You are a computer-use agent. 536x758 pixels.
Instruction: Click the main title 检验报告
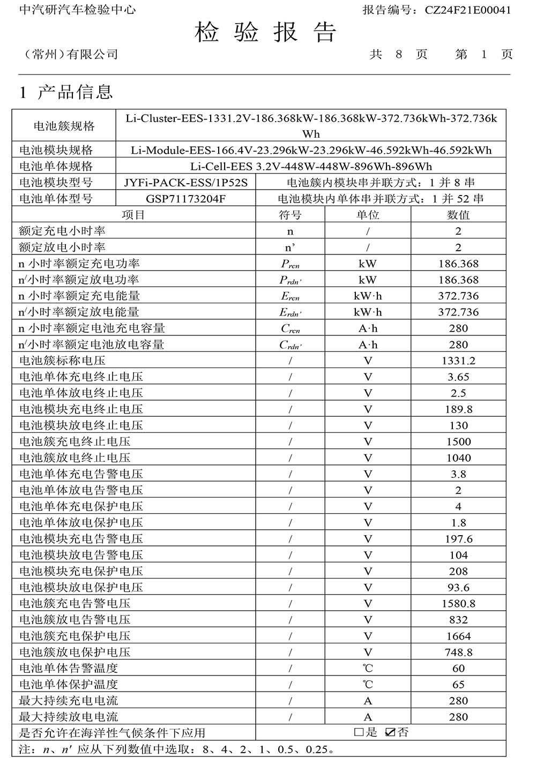point(266,33)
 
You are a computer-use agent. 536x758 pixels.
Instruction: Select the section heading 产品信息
point(75,92)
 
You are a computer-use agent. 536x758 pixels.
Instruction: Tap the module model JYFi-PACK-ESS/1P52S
point(186,183)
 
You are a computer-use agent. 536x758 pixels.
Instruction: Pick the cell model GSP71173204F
point(186,199)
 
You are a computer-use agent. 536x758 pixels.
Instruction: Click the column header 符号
point(290,215)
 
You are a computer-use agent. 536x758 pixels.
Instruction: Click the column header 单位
point(368,215)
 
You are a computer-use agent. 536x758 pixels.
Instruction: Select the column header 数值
point(458,215)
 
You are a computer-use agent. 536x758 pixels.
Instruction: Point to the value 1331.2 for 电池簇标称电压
point(458,361)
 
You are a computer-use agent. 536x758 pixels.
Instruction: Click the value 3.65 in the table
point(458,377)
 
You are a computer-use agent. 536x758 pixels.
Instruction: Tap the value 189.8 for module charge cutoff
point(458,409)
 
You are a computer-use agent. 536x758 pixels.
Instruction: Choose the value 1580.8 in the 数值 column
point(458,604)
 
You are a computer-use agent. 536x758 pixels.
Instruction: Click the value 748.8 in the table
point(458,652)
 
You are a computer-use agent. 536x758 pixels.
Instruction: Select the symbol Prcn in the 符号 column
point(290,264)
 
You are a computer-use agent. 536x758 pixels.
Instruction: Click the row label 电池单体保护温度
point(69,685)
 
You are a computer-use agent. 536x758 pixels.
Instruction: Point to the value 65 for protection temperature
point(458,685)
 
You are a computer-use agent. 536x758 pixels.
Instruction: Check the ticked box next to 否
point(391,732)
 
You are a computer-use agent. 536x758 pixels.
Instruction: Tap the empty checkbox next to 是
point(359,732)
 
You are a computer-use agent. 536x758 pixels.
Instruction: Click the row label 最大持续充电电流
point(69,701)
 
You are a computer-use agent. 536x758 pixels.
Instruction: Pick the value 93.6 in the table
point(458,588)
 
